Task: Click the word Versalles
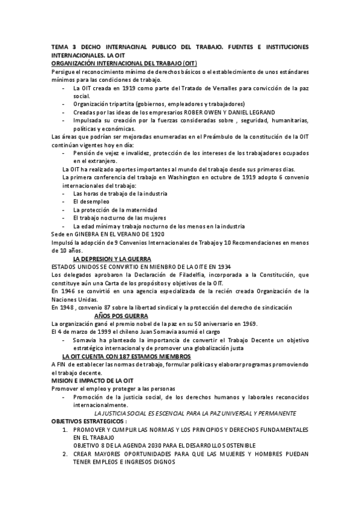click(x=228, y=88)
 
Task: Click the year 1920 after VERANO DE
click(x=154, y=234)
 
